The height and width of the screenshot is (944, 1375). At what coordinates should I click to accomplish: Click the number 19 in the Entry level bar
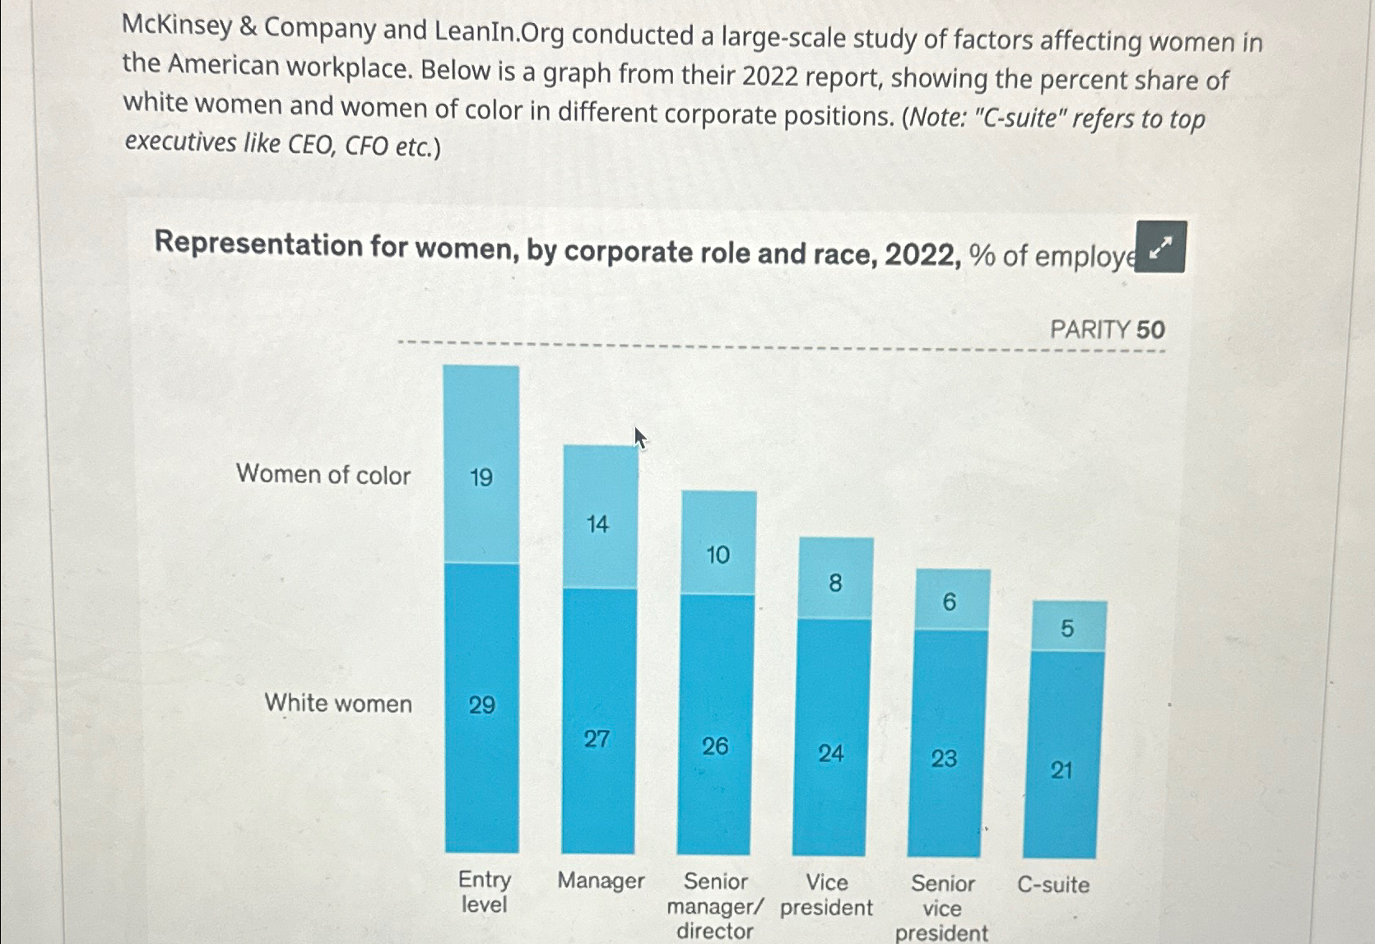point(481,477)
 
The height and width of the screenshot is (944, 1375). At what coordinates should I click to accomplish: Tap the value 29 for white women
point(482,705)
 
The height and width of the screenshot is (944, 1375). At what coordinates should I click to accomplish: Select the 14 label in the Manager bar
point(598,524)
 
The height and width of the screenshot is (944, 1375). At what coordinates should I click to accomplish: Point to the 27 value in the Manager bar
point(597,739)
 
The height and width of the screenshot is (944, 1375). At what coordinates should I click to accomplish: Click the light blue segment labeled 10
point(718,544)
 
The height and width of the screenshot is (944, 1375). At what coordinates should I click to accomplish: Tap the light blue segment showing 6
point(952,600)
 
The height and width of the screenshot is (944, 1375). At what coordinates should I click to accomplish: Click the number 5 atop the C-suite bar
point(1067,629)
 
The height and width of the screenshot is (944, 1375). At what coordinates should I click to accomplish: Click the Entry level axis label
point(485,892)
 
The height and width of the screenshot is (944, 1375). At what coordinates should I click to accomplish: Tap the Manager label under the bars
point(601,881)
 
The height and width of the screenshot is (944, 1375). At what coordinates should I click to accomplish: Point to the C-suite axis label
point(1053,885)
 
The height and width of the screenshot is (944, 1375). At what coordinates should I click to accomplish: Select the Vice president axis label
point(826,895)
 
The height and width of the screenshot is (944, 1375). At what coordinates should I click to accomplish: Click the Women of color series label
point(323,475)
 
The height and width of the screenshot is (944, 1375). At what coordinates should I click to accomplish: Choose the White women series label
point(338,704)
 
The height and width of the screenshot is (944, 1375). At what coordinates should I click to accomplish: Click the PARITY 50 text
point(1108,330)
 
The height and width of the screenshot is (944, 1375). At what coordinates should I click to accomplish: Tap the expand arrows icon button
point(1159,247)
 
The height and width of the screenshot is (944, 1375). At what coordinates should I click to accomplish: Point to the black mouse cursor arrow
point(639,437)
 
